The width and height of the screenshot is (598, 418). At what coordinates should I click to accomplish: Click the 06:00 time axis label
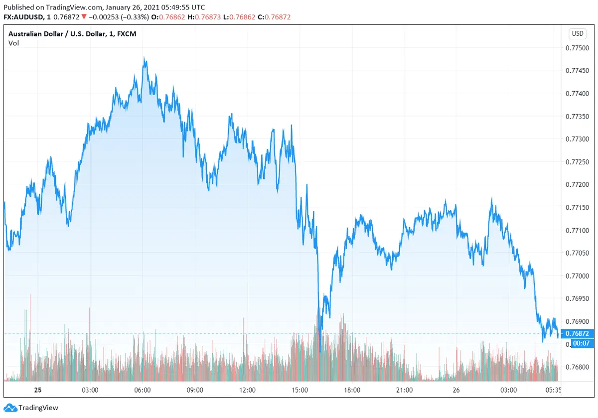143,390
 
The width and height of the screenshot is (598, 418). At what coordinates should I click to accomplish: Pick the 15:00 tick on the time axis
300,390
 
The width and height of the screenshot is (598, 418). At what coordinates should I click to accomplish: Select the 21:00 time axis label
405,390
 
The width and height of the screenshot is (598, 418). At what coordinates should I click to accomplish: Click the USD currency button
578,34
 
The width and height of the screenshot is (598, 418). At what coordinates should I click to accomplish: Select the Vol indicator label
13,43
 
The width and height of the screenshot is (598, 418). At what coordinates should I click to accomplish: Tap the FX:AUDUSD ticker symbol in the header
23,17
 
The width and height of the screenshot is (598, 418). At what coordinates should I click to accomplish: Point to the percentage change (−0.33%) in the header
135,17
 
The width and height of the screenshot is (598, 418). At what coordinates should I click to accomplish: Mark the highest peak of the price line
144,58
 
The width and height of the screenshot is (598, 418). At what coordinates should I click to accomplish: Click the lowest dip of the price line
319,351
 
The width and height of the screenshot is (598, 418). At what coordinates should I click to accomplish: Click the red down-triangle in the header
84,17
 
